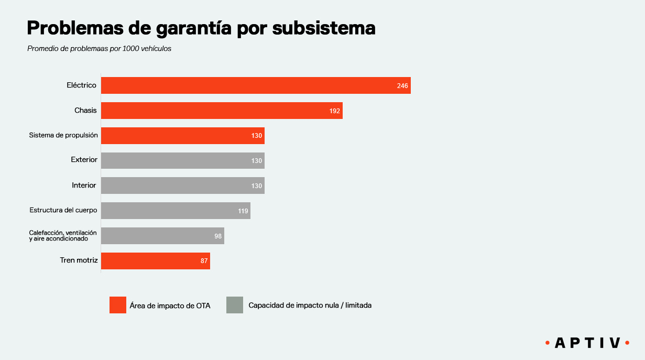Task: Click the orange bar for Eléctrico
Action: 256,85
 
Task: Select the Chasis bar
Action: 222,111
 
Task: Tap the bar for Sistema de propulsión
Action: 182,135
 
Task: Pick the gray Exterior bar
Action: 182,160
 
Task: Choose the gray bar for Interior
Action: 182,186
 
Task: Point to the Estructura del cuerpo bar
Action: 176,211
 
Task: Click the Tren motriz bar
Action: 155,261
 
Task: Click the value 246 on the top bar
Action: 402,86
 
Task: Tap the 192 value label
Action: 335,111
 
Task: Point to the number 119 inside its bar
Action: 243,211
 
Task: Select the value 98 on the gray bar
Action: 218,236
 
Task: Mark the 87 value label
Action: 204,261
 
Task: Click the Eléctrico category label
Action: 81,85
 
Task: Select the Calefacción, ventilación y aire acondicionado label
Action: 63,235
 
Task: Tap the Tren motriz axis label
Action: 79,260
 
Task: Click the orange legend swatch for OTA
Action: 118,305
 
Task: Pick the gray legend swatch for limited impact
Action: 235,305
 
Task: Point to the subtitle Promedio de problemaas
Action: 100,49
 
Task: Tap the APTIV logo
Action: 587,343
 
